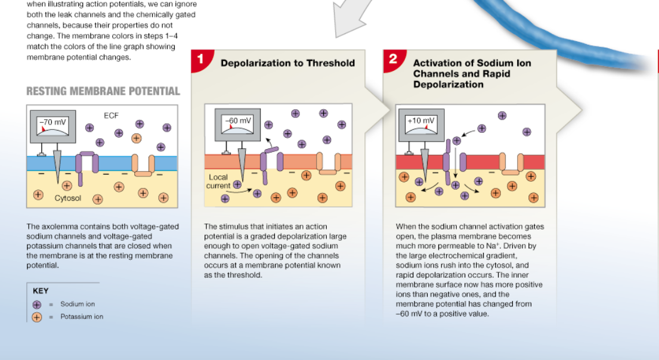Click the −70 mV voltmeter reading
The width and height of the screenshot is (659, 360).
pos(54,122)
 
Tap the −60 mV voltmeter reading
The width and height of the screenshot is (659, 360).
pos(239,120)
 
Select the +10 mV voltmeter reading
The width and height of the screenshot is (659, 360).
pos(421,120)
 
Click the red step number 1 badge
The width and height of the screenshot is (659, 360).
pos(200,60)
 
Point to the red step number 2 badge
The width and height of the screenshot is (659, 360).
pos(392,59)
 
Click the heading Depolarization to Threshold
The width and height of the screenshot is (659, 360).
pos(287,63)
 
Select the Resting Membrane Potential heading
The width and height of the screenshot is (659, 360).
pos(103,91)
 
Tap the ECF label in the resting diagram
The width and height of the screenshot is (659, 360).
pos(112,116)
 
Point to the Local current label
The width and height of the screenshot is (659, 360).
pos(219,181)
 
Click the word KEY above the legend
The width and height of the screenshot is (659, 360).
pos(41,291)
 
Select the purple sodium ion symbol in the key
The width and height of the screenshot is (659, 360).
pos(37,305)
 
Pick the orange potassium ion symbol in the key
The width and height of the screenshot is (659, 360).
pos(37,317)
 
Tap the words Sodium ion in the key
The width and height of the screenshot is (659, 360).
pos(78,305)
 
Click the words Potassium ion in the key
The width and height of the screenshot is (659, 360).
pos(82,317)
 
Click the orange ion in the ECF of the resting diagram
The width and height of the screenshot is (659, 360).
pos(137,138)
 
